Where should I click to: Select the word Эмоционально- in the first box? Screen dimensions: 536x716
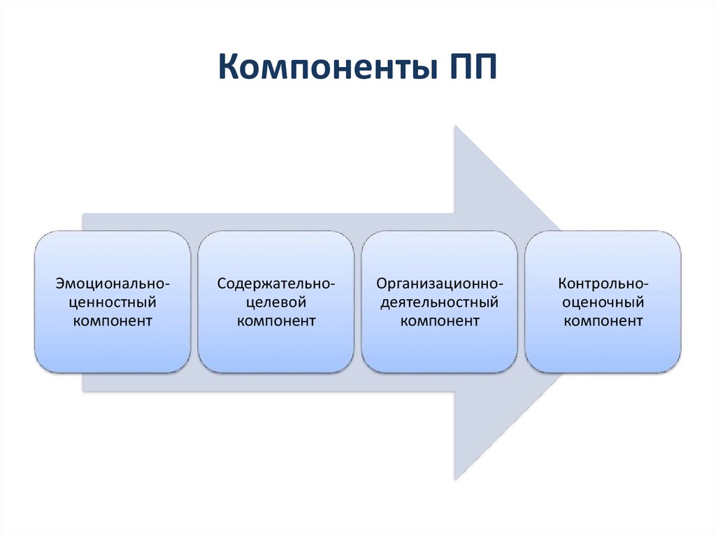113,284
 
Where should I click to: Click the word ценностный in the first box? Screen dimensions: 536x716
113,303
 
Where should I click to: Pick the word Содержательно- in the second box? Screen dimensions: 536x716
275,284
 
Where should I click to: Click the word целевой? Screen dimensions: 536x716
275,303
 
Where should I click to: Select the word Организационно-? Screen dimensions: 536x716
440,284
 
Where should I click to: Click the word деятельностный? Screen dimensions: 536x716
440,303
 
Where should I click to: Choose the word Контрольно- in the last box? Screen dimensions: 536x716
603,284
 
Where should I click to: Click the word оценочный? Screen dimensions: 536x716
603,303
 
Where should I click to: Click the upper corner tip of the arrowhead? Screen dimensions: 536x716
455,126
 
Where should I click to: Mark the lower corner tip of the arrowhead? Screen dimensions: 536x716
455,479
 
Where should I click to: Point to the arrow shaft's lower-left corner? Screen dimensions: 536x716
83,391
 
